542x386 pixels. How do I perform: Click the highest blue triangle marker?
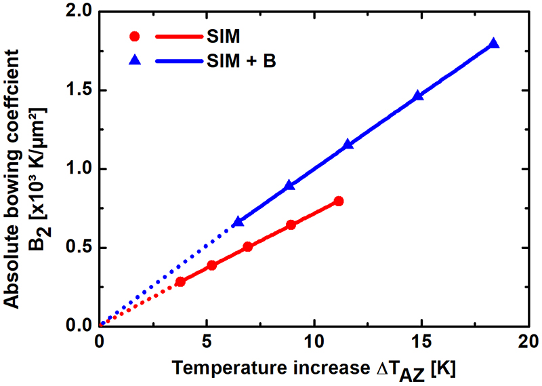(x=494, y=44)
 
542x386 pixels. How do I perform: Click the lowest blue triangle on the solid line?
(x=238, y=222)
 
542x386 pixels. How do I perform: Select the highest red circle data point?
(x=339, y=201)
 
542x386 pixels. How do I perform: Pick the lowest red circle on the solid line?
(x=180, y=282)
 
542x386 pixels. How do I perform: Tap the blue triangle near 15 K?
(x=418, y=96)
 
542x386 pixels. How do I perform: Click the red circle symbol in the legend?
(x=135, y=36)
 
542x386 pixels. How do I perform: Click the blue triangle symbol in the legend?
(x=135, y=61)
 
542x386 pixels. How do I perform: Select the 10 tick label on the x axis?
(x=314, y=341)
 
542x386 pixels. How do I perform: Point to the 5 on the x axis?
(x=207, y=341)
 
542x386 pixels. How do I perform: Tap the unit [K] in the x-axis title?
(x=444, y=369)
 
